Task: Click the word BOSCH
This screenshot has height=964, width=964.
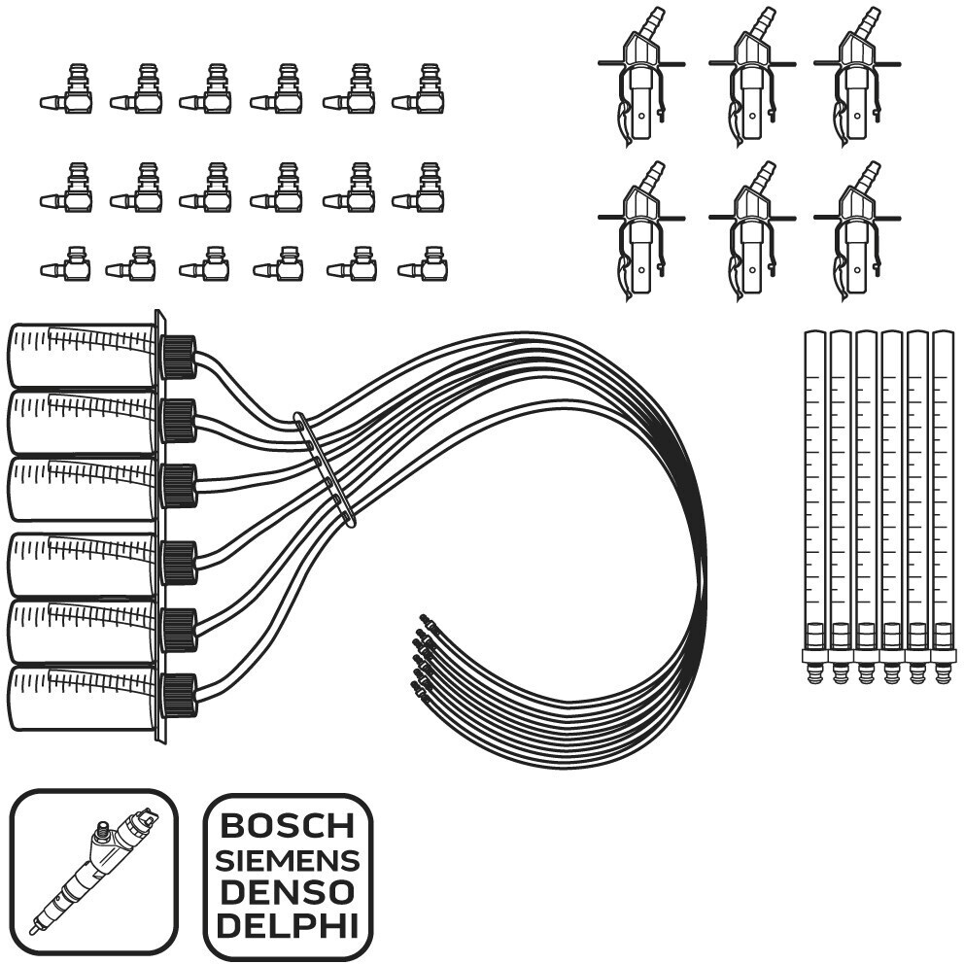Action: point(288,826)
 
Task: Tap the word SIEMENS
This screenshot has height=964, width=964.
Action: point(288,861)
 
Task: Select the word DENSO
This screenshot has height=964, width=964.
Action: point(288,893)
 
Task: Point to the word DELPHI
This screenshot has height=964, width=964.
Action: point(288,927)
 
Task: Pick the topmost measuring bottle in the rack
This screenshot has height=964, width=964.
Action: point(82,356)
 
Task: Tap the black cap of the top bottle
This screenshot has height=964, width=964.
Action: point(178,357)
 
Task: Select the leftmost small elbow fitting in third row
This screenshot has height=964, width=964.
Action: point(66,263)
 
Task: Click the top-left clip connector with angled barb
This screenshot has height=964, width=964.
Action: point(641,77)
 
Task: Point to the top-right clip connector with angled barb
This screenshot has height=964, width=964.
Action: point(857,77)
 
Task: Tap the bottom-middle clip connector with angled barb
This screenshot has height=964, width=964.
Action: point(752,231)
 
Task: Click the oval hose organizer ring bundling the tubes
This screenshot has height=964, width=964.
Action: point(325,469)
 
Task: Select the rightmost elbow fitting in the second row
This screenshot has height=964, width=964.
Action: point(419,189)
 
